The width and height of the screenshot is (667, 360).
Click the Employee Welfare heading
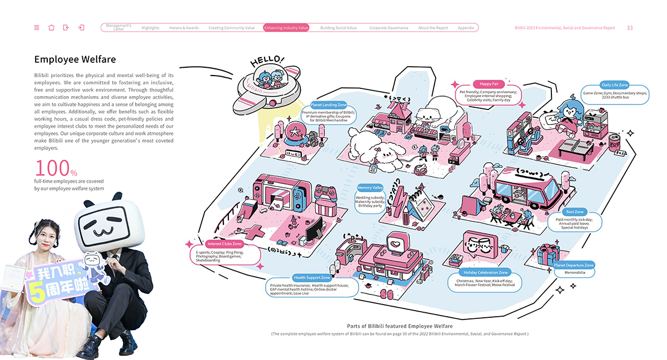coord(75,59)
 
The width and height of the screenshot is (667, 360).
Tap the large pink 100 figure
coord(53,168)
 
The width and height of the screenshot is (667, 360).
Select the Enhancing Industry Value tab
coord(286,28)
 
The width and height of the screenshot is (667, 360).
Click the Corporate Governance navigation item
coord(389,28)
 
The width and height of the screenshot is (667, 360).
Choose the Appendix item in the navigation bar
coord(466,28)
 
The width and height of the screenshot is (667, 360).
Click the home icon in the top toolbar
coord(52,28)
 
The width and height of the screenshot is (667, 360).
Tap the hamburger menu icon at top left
coord(37,28)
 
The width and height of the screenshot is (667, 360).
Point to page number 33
coord(630,28)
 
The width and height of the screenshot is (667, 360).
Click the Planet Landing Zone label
coord(328,104)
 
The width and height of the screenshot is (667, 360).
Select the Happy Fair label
coord(489,84)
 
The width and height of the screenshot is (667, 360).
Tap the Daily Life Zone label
coord(614,85)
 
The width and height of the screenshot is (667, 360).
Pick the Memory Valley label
coord(370,188)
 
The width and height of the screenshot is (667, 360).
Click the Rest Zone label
coord(575,212)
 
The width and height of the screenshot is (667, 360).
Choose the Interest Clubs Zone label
coord(225,244)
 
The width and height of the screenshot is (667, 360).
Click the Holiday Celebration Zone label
coord(485,273)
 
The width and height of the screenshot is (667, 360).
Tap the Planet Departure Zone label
coord(574,266)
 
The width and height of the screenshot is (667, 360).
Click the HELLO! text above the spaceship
coord(267,61)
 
